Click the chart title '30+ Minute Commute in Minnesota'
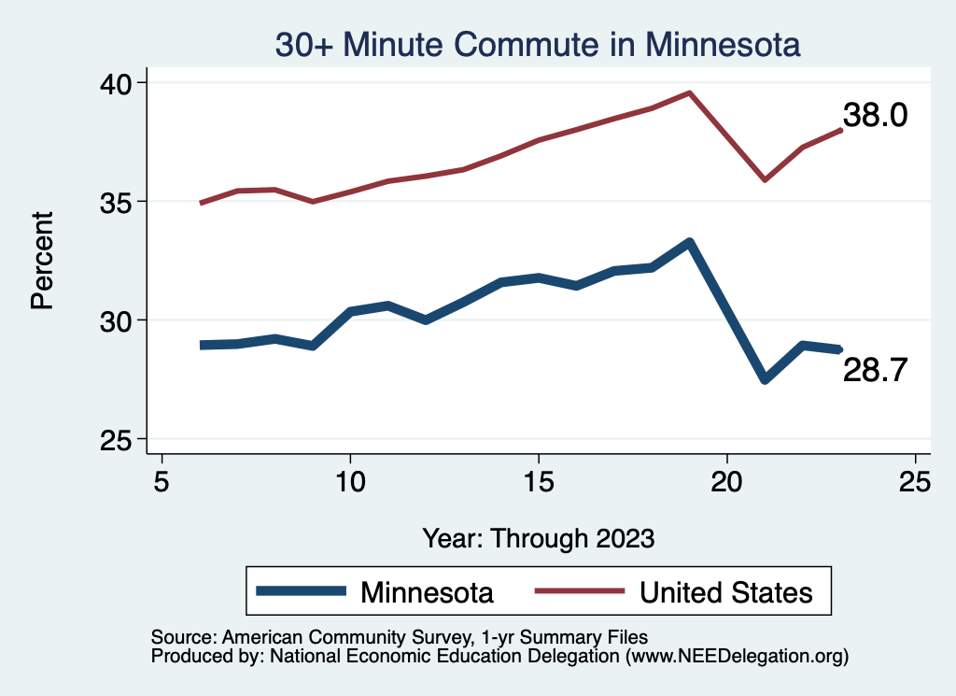(537, 46)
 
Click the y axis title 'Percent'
(42, 261)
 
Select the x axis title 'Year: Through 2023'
(539, 538)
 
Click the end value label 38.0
(875, 116)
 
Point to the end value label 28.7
(875, 371)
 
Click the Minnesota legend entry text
(427, 592)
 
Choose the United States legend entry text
(725, 592)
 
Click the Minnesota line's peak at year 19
(689, 243)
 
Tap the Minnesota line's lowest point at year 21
(765, 379)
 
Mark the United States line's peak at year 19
(689, 92)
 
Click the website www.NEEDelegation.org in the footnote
(737, 657)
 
